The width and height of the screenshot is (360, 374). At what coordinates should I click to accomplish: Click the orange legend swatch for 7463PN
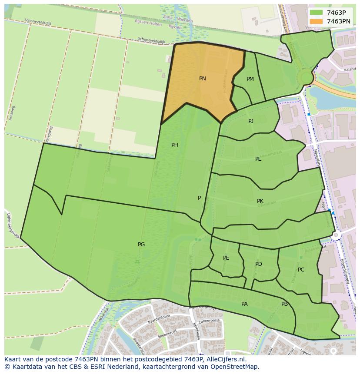tap(317, 21)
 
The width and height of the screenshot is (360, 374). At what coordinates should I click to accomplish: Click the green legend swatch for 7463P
tap(317, 13)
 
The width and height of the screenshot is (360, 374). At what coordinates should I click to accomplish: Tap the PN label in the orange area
tap(202, 79)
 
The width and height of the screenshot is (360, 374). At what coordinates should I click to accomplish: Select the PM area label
tap(250, 79)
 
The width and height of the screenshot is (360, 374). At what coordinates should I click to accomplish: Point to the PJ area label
tap(251, 121)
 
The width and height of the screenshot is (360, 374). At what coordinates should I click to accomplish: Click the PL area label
tap(258, 159)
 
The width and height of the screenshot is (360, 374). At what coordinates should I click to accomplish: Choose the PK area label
tap(260, 201)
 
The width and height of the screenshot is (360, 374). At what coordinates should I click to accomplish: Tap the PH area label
tap(174, 145)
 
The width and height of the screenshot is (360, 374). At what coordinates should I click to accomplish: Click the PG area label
tap(141, 245)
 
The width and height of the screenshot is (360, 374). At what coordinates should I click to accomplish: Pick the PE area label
tap(226, 258)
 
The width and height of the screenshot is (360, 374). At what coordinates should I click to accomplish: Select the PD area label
tap(259, 264)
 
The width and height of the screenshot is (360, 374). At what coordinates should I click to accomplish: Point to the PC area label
tap(301, 270)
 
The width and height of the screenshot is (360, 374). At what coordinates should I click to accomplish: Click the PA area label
tap(244, 304)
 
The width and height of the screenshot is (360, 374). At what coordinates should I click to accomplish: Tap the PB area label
tap(284, 304)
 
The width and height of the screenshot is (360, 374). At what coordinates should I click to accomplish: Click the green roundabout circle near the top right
tap(306, 78)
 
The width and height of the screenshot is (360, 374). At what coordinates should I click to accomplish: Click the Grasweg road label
tap(12, 113)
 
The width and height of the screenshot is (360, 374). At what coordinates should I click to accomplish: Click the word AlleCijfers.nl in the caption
tap(226, 360)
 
